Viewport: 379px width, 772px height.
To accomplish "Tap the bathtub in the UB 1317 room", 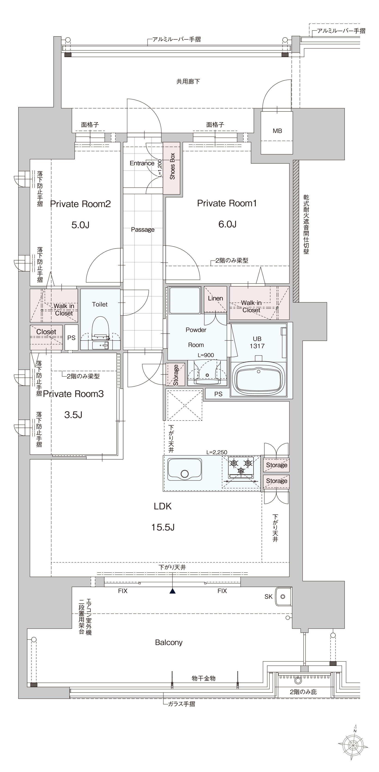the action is pos(259,379).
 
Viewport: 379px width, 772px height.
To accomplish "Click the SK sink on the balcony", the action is pos(283,597).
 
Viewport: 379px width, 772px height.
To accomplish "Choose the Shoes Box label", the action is pos(172,166).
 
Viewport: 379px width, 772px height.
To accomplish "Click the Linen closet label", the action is pos(215,298).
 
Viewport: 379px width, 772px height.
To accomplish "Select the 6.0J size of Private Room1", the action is pos(227,224).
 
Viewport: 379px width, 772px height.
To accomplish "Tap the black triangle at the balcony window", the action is pos(172,591).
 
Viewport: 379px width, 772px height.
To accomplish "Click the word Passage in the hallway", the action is pos(143,230).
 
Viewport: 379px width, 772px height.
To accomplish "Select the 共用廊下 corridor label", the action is pos(188,81).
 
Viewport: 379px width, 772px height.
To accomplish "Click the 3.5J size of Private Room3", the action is pos(73,415).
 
